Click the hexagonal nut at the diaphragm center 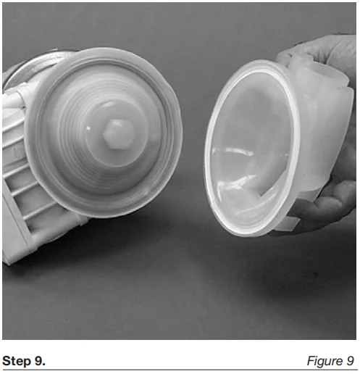(x=118, y=133)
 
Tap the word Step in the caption (x=17, y=361)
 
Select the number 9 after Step (x=40, y=361)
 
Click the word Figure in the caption (x=323, y=361)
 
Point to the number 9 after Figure (x=348, y=361)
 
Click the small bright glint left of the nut (x=88, y=128)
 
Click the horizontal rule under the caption (x=180, y=370)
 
